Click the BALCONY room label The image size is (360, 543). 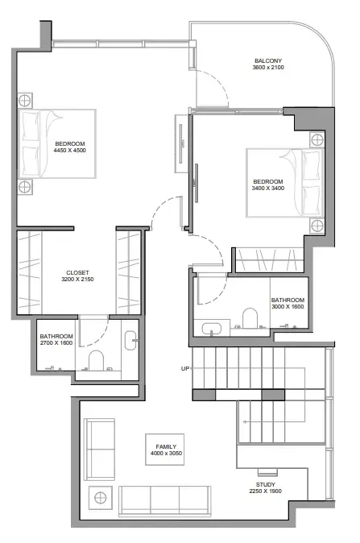pyautogui.click(x=268, y=60)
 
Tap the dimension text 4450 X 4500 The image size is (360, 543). pyautogui.click(x=69, y=151)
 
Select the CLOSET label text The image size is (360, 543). pyautogui.click(x=77, y=272)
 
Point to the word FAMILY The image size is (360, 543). pyautogui.click(x=166, y=447)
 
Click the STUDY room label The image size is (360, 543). pyautogui.click(x=266, y=484)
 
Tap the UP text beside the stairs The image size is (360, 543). pyautogui.click(x=185, y=368)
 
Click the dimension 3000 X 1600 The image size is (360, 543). pyautogui.click(x=288, y=306)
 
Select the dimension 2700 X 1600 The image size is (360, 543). pyautogui.click(x=56, y=343)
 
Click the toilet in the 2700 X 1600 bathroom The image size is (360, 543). pyautogui.click(x=96, y=360)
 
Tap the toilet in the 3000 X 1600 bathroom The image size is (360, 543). pyautogui.click(x=250, y=318)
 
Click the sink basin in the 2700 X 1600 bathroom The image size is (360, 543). pyautogui.click(x=130, y=341)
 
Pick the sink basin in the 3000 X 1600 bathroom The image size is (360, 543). pyautogui.click(x=212, y=328)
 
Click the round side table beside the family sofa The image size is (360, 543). pyautogui.click(x=101, y=498)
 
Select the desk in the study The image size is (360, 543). pyautogui.click(x=267, y=472)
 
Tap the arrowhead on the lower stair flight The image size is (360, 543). pyautogui.click(x=245, y=422)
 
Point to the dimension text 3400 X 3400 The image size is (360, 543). pyautogui.click(x=268, y=188)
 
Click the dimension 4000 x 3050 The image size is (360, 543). pyautogui.click(x=166, y=454)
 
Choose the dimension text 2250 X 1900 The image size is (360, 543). pyautogui.click(x=266, y=491)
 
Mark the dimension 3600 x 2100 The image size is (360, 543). pyautogui.click(x=268, y=67)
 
